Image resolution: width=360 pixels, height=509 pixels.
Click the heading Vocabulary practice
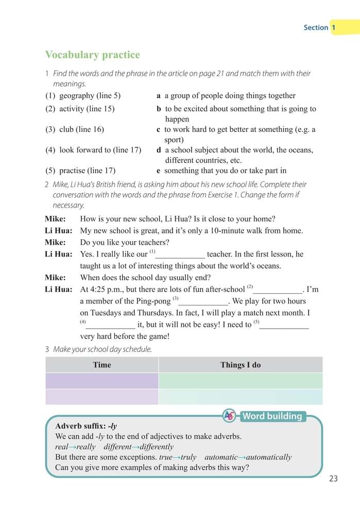pyautogui.click(x=92, y=55)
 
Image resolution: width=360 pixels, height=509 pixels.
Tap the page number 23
pyautogui.click(x=333, y=479)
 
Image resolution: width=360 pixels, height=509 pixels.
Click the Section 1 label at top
pyautogui.click(x=320, y=27)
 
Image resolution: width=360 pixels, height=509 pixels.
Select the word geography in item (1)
pyautogui.click(x=77, y=95)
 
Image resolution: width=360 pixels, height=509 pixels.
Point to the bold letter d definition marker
pyautogui.click(x=159, y=150)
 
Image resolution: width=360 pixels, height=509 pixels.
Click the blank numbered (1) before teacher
pyautogui.click(x=180, y=254)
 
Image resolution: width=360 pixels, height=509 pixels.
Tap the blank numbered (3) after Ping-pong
pyautogui.click(x=202, y=301)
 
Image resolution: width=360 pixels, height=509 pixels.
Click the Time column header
pyautogui.click(x=101, y=365)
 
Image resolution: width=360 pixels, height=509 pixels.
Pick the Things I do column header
pyautogui.click(x=241, y=365)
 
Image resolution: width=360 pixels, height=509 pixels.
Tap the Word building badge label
pyautogui.click(x=271, y=416)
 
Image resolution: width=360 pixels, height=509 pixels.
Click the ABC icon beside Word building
pyautogui.click(x=230, y=416)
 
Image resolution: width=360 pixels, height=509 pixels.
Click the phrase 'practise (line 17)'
pyautogui.click(x=87, y=171)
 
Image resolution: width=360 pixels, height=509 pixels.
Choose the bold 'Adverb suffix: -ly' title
pyautogui.click(x=86, y=426)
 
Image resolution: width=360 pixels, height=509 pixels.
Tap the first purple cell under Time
pyautogui.click(x=101, y=381)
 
